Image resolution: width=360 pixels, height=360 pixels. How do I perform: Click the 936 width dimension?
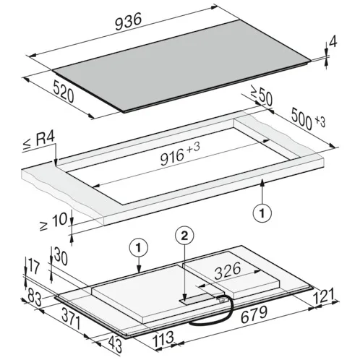click(128, 22)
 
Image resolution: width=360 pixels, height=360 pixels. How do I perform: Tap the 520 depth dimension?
click(64, 92)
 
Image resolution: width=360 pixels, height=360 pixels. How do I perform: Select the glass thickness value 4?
click(333, 41)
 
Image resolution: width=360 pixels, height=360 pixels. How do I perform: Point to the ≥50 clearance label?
click(262, 95)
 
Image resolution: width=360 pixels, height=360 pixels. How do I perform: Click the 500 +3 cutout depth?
click(308, 119)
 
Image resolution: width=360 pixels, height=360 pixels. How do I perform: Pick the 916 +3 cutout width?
click(180, 154)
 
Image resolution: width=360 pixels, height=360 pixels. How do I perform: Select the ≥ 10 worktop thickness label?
click(53, 221)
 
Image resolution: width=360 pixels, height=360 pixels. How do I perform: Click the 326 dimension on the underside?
click(228, 271)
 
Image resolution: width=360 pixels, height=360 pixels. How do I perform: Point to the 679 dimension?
click(254, 314)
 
